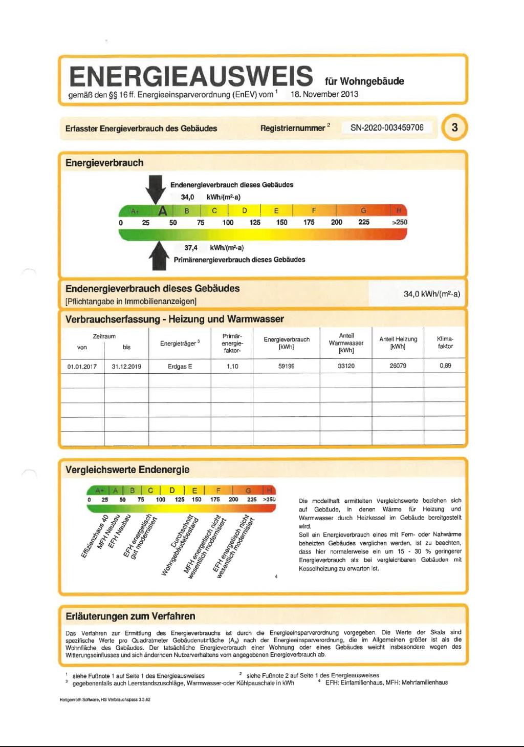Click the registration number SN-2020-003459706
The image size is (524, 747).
387,127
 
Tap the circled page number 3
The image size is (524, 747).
454,127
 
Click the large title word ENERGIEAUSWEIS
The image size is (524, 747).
191,76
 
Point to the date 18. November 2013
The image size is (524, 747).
324,94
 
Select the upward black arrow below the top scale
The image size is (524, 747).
159,255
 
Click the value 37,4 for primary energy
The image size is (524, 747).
191,248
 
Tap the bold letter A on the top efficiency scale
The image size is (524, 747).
163,210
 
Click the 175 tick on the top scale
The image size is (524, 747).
309,222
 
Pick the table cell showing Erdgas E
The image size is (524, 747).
180,366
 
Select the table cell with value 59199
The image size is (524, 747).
286,366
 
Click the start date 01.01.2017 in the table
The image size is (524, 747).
82,367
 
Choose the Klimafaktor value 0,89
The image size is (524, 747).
445,366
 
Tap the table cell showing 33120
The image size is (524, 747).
346,366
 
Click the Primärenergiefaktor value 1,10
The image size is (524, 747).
232,366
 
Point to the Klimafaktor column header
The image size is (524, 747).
445,343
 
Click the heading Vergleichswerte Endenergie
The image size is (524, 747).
127,469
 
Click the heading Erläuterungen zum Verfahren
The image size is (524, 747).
130,616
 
